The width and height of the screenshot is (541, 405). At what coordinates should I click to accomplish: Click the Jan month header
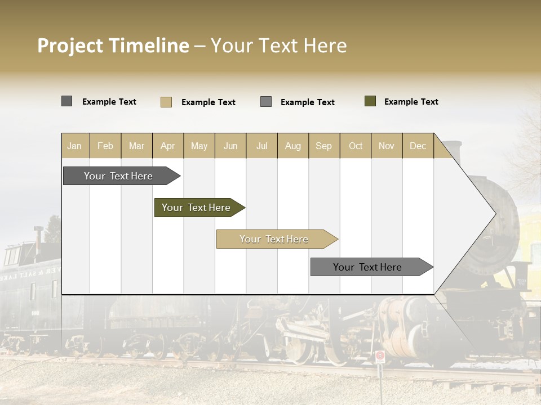(x=74, y=146)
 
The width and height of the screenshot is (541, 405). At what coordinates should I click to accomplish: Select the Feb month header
(x=105, y=146)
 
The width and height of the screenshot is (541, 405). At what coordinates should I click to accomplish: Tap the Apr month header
(x=168, y=146)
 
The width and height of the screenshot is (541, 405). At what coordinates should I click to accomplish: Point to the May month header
(x=199, y=146)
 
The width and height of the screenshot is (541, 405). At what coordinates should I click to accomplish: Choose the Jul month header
(x=261, y=146)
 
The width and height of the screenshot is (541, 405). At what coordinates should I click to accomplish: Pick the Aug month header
(x=293, y=146)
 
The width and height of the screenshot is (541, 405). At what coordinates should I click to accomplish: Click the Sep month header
(x=324, y=146)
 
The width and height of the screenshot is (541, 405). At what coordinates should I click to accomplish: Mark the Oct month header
(x=356, y=146)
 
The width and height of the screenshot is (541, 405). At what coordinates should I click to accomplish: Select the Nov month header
(x=387, y=146)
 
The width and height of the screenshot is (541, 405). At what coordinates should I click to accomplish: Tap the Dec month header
(x=418, y=146)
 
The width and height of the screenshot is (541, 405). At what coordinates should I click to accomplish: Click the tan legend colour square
(x=166, y=102)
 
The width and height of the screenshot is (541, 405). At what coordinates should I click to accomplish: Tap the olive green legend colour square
(x=370, y=101)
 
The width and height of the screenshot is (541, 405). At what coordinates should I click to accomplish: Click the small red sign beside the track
(x=380, y=355)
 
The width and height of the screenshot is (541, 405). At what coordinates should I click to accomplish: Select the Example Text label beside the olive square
(x=411, y=102)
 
